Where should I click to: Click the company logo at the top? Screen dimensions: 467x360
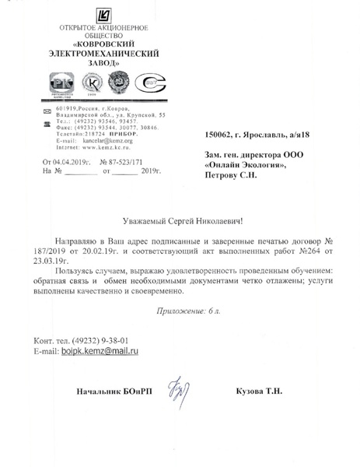tap(106, 13)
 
